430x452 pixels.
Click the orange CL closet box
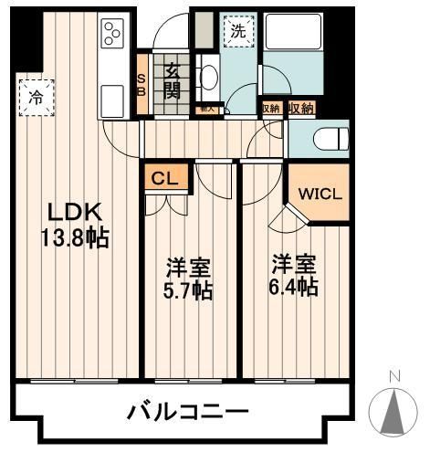click(x=165, y=178)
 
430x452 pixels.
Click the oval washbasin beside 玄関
click(x=207, y=78)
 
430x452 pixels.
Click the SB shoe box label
click(x=142, y=83)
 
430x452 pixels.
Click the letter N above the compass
click(x=394, y=375)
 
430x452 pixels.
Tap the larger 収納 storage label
click(x=300, y=109)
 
